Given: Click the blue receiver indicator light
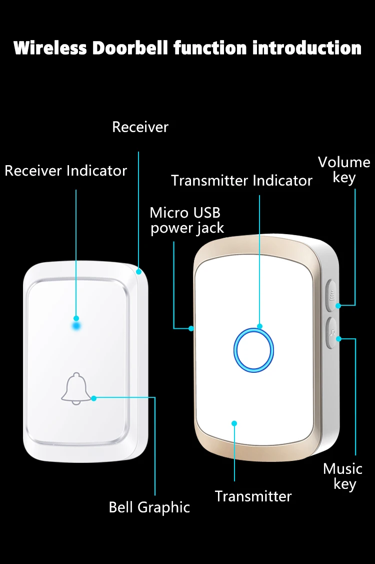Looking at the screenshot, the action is [76, 326].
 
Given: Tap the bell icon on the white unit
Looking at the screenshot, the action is [76, 389].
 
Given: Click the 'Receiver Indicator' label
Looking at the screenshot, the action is [66, 171].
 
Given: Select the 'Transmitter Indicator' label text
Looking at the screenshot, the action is [241, 181].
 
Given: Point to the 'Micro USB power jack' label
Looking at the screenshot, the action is [187, 221].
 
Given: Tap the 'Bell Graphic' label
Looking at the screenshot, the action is [149, 507].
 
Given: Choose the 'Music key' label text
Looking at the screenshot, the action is [343, 476].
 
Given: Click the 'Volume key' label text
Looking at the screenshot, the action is [344, 170].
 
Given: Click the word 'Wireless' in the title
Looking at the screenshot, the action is [50, 48].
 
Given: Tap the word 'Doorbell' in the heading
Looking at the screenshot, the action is [130, 48].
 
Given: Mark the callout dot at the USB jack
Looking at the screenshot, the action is [191, 328].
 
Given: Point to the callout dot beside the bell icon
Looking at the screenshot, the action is [94, 398].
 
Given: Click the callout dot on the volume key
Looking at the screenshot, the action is [338, 306].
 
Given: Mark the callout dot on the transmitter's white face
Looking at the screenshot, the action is [234, 423].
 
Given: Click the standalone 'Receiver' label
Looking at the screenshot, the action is [140, 127].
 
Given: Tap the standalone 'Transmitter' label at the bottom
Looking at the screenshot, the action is [253, 496].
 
